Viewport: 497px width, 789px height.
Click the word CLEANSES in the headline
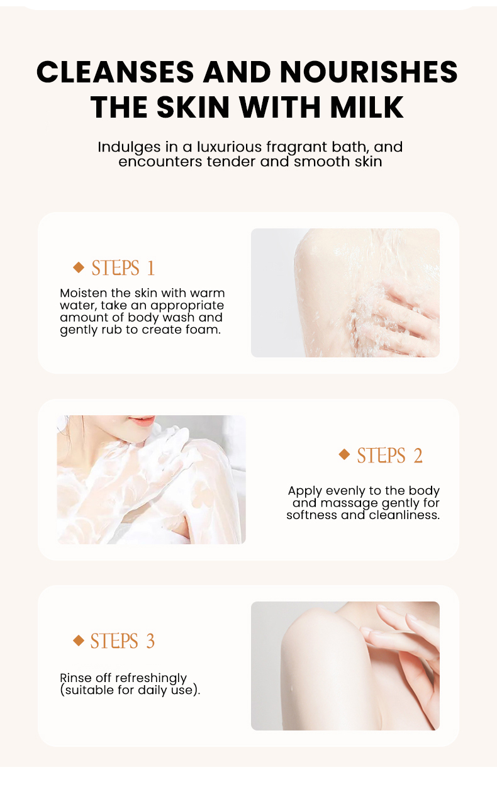coord(115,72)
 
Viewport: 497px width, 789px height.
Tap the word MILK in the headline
coord(366,107)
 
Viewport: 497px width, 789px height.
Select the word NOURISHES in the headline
coord(369,72)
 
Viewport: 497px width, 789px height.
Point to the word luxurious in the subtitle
coord(229,147)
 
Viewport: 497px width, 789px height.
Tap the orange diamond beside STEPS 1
coord(79,267)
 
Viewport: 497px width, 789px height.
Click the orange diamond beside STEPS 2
coord(344,454)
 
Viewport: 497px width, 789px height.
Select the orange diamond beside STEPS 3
coord(79,641)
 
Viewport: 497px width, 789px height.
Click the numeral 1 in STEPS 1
coord(151,268)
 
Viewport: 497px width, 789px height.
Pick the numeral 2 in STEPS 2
coord(418,456)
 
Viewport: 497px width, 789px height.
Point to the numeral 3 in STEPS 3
coord(150,641)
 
